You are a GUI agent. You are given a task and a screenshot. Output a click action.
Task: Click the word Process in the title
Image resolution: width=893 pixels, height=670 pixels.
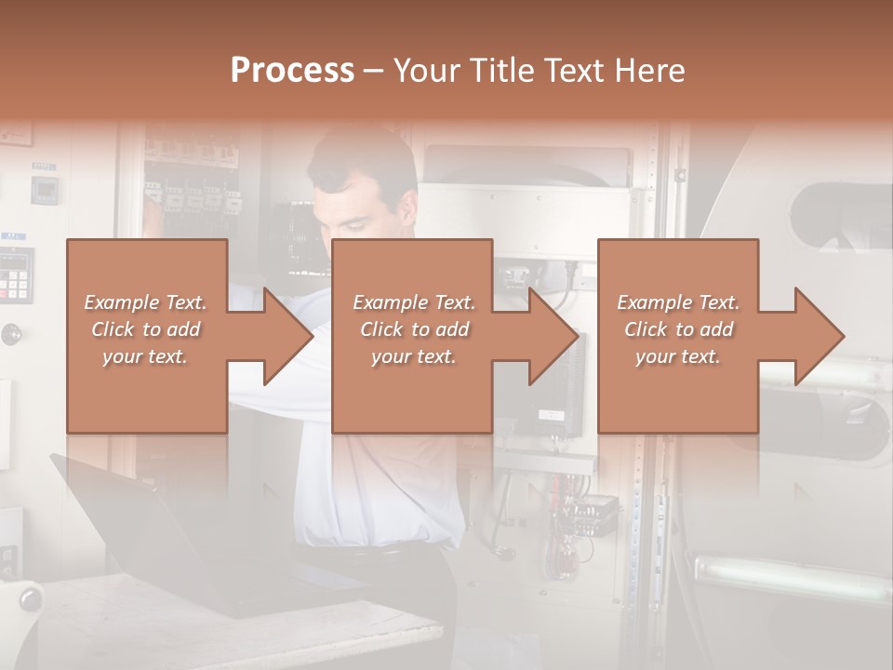coord(292,71)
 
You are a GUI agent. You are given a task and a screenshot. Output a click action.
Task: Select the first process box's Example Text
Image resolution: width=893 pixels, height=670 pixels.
coord(145,302)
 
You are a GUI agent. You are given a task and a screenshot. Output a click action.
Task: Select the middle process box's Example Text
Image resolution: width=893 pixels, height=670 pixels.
coord(414,302)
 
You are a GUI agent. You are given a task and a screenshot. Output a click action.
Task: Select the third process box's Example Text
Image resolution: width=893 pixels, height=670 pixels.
coord(678,302)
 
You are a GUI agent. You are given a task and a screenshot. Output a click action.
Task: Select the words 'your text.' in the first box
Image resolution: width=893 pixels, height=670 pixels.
coord(145,356)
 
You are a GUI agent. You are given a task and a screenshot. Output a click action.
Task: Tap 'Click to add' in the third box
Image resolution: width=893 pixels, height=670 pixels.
coord(678,329)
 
